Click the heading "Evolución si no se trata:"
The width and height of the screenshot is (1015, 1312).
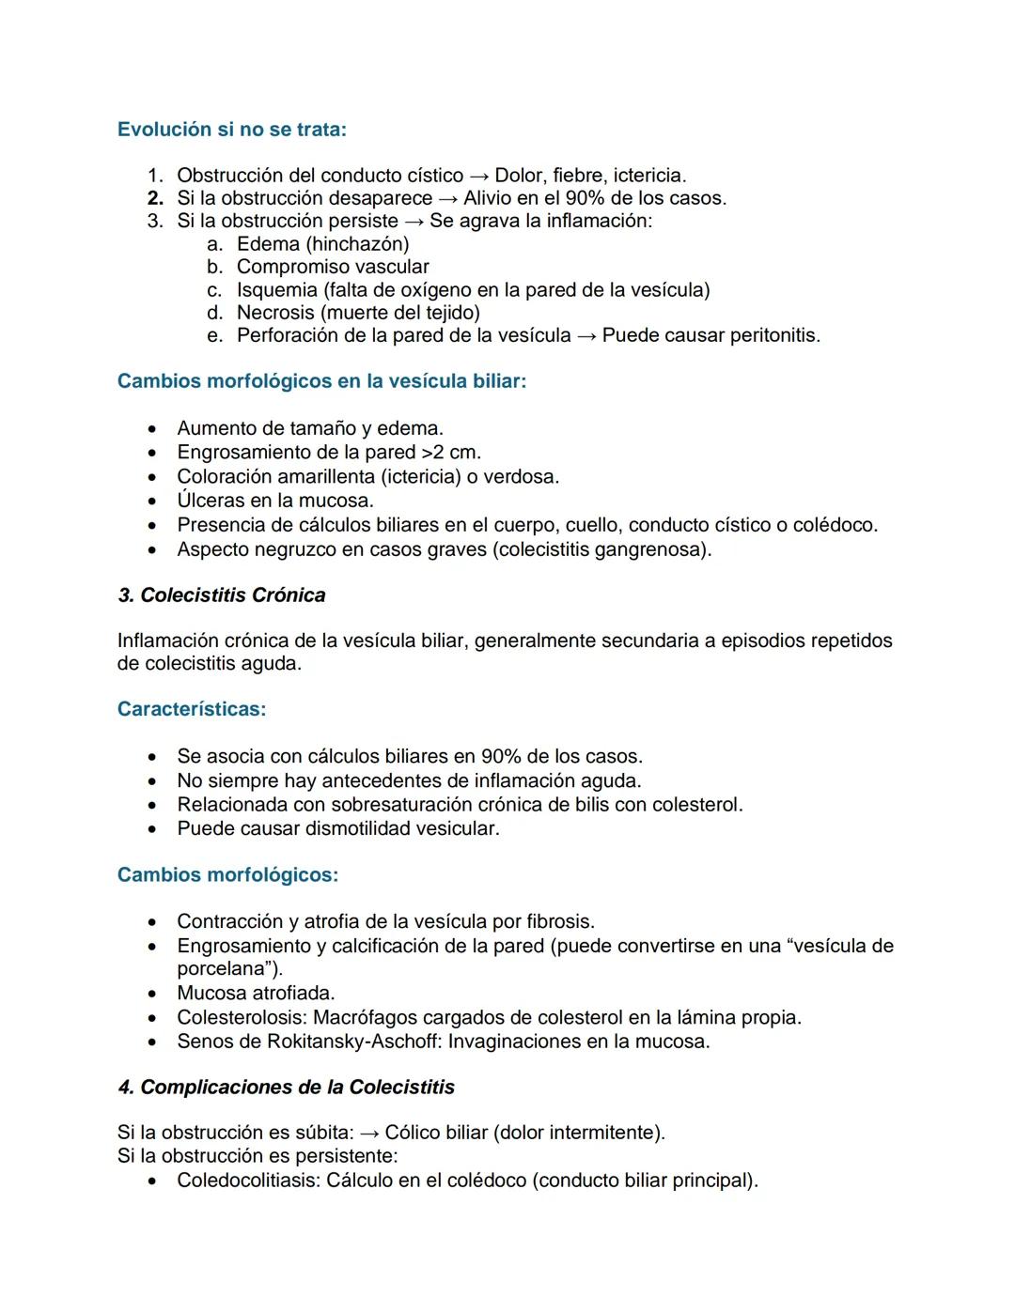point(231,130)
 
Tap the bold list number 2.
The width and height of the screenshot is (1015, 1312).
point(155,198)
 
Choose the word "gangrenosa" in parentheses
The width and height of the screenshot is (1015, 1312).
point(655,549)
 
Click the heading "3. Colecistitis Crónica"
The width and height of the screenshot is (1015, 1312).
point(222,595)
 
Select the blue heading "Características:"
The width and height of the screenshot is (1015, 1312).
point(192,709)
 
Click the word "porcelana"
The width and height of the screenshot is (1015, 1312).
point(226,969)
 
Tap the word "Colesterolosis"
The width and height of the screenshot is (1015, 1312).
point(242,1017)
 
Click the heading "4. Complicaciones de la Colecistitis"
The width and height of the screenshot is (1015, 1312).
point(286,1088)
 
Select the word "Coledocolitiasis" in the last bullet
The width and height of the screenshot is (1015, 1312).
point(248,1181)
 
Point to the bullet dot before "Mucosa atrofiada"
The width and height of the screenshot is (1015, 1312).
point(152,994)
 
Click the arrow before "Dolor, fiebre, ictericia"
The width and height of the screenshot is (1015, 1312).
point(479,176)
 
